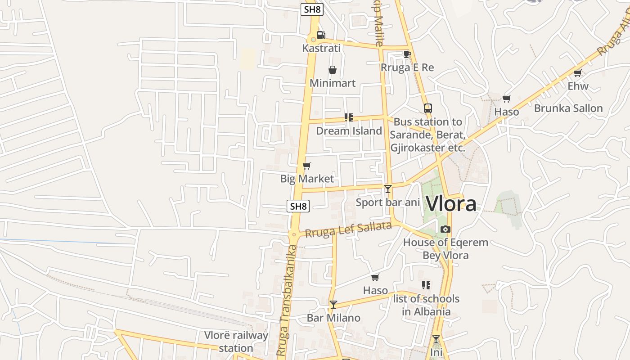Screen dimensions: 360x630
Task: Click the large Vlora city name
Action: [x=450, y=204]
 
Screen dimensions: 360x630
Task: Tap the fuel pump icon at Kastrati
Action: [x=321, y=35]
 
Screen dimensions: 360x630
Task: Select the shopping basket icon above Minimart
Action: [x=333, y=70]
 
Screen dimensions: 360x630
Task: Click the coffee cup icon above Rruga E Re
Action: [x=407, y=54]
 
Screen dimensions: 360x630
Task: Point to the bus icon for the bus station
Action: [x=427, y=108]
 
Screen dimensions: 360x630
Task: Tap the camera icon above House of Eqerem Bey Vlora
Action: [x=445, y=229]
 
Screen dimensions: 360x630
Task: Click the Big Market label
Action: [x=307, y=179]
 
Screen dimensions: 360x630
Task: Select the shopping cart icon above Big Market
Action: [x=307, y=166]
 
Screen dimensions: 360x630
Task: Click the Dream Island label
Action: [x=349, y=131]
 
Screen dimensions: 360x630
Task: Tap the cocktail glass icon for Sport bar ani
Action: [x=388, y=189]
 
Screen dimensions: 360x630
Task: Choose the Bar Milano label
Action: [x=333, y=318]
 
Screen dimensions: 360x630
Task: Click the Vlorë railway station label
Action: [x=236, y=342]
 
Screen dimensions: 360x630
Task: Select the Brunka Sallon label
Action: [x=568, y=108]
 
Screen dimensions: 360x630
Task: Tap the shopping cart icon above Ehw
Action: [x=578, y=73]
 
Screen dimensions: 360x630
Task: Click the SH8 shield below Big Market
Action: [x=298, y=207]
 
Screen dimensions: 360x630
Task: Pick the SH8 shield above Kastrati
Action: [x=312, y=9]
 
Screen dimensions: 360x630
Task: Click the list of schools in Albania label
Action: [x=426, y=305]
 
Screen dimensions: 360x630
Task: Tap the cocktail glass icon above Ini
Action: [x=436, y=339]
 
